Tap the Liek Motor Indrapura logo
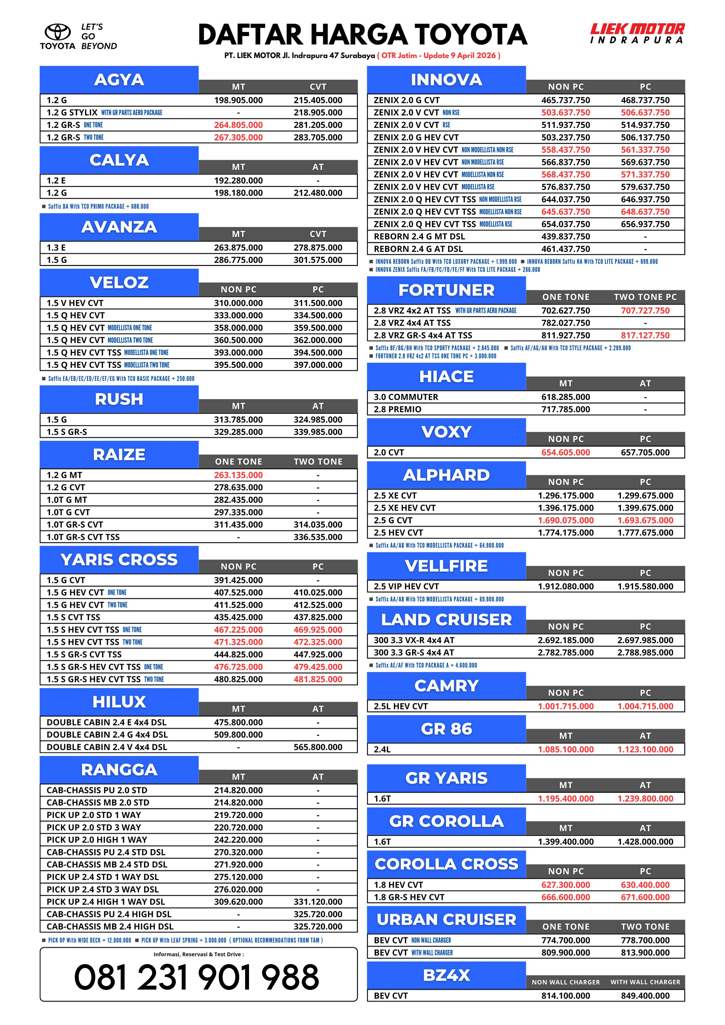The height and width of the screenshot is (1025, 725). (637, 33)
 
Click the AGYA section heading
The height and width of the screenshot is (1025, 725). (119, 80)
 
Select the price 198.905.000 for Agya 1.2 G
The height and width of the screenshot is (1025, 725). (238, 100)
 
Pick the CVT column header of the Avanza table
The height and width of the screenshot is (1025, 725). (318, 234)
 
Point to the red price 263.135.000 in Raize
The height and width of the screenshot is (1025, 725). (238, 475)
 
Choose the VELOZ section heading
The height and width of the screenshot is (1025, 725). (119, 283)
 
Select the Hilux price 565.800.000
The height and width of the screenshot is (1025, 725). (318, 747)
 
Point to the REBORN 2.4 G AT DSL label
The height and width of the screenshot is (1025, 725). (418, 249)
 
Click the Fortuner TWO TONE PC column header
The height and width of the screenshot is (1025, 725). (645, 297)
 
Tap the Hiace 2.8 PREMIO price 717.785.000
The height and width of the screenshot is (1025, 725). (566, 409)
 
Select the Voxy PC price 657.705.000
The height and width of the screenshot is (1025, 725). (645, 452)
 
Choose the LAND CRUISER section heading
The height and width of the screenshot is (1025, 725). (446, 620)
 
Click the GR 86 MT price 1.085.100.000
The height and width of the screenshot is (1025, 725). (566, 749)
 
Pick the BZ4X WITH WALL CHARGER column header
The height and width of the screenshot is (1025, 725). (645, 982)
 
